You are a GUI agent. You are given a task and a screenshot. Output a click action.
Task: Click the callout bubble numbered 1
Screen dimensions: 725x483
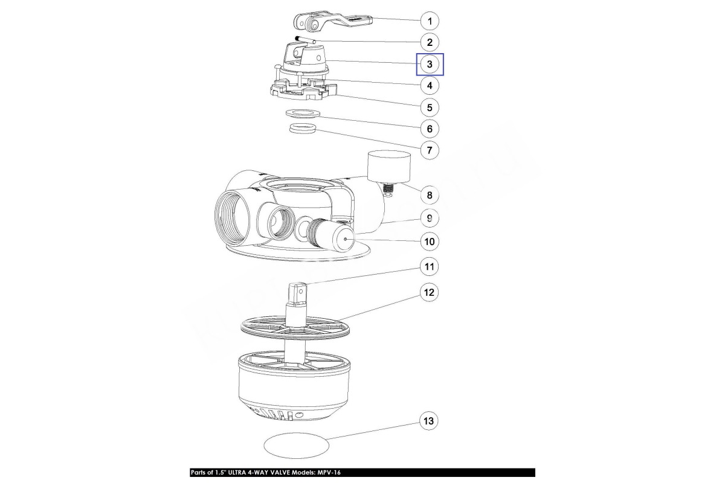click(430, 21)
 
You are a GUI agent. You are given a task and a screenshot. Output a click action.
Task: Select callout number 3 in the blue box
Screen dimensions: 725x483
click(430, 64)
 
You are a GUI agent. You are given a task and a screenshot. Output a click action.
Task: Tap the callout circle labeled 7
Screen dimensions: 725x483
click(430, 150)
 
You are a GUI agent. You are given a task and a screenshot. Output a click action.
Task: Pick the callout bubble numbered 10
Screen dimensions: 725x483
click(430, 241)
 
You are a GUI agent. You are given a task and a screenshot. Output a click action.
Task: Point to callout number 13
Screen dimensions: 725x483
click(428, 421)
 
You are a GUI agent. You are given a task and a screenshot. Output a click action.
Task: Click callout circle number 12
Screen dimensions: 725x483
click(429, 292)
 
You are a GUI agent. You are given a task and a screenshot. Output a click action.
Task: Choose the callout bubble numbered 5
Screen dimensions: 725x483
click(430, 107)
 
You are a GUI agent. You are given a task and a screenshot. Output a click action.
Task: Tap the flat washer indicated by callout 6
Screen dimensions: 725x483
click(303, 114)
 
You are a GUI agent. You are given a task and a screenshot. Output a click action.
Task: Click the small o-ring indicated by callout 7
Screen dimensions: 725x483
click(303, 128)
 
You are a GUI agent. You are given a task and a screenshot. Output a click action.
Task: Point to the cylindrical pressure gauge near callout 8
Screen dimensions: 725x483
click(389, 167)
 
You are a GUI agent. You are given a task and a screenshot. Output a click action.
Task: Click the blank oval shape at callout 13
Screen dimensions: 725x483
click(297, 445)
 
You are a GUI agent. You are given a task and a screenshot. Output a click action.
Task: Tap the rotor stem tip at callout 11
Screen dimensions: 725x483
click(297, 292)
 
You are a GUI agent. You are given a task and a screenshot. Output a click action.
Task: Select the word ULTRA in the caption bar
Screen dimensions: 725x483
click(237, 473)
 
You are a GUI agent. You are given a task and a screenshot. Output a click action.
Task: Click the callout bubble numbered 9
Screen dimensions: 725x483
click(430, 218)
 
